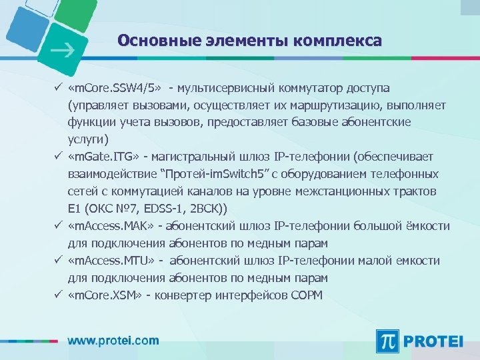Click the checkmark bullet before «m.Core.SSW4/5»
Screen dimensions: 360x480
(59, 87)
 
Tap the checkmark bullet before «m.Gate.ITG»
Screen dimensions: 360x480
(59, 157)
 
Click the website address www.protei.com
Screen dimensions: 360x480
(113, 340)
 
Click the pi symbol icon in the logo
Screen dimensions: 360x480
(389, 341)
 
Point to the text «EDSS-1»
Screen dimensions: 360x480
(160, 209)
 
